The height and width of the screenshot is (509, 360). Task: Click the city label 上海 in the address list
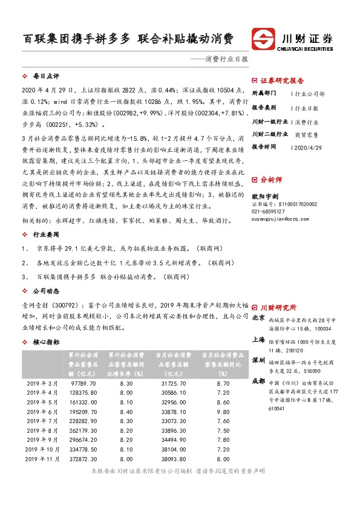click(258, 340)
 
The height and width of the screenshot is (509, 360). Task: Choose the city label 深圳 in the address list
click(258, 360)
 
